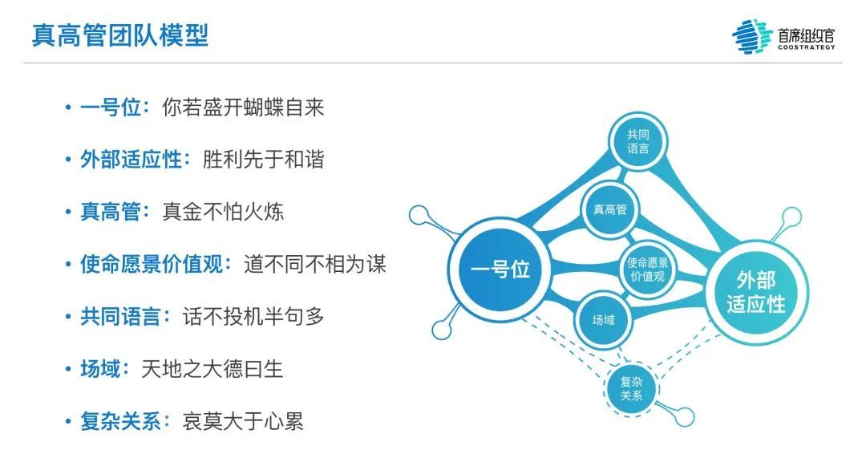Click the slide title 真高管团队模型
(120, 36)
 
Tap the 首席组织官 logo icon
(752, 36)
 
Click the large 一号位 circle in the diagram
(500, 269)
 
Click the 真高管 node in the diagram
(610, 210)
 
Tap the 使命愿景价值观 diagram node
(648, 269)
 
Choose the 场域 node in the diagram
(603, 321)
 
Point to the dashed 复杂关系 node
(630, 389)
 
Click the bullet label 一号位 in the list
(111, 107)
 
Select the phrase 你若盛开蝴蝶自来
(243, 107)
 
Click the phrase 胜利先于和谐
(264, 160)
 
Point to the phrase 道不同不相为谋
(315, 264)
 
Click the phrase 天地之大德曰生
(212, 368)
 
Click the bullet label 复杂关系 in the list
(120, 420)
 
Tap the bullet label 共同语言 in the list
(120, 316)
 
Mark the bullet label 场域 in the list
(100, 368)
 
